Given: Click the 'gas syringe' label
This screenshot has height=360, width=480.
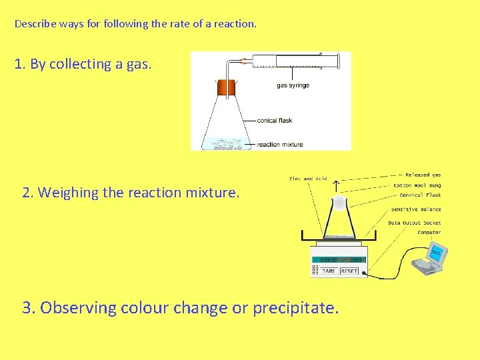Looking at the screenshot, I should [x=293, y=85].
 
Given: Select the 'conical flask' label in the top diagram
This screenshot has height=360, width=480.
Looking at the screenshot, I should [x=275, y=121].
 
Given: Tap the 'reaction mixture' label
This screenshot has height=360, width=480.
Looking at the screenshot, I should [x=279, y=144].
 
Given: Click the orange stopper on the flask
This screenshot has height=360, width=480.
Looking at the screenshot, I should [x=226, y=87].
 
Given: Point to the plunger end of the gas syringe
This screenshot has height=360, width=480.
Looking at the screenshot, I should [x=338, y=61].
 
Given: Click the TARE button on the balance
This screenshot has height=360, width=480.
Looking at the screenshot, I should [x=328, y=271].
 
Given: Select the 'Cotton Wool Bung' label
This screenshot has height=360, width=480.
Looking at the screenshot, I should [x=417, y=185].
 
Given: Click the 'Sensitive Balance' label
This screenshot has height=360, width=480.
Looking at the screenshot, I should [x=416, y=209].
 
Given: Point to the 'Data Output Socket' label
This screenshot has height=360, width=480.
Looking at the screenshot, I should [x=414, y=223].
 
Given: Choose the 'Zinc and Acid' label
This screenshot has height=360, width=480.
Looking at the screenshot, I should [x=308, y=179].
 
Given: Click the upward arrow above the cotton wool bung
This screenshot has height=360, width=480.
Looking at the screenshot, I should [x=335, y=185].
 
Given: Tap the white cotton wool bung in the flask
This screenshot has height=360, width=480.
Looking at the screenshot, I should [x=339, y=202].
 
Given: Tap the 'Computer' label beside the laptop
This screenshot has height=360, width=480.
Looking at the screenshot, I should [x=429, y=233].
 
